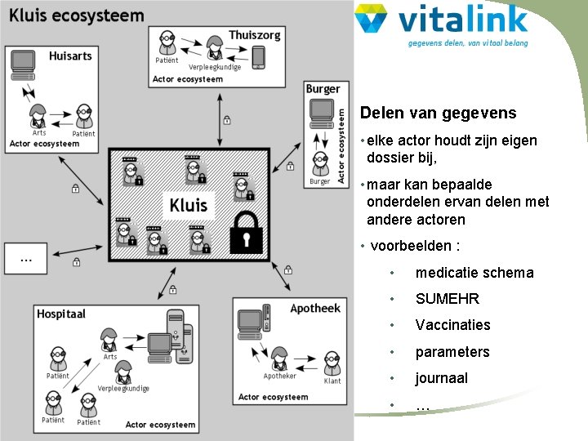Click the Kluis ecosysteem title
pyautogui.click(x=77, y=16)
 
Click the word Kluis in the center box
pyautogui.click(x=188, y=204)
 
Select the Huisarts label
pyautogui.click(x=70, y=56)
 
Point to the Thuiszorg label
pyautogui.click(x=255, y=35)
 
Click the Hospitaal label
pyautogui.click(x=61, y=314)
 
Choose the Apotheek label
pyautogui.click(x=315, y=309)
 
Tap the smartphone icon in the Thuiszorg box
pyautogui.click(x=258, y=58)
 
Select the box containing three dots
pyautogui.click(x=26, y=258)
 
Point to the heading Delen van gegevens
pyautogui.click(x=438, y=114)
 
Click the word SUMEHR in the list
pyautogui.click(x=447, y=299)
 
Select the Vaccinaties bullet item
pyautogui.click(x=452, y=325)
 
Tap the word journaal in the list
pyautogui.click(x=441, y=378)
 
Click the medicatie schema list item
pyautogui.click(x=474, y=273)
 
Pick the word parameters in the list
pyautogui.click(x=452, y=352)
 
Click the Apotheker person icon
pyautogui.click(x=279, y=359)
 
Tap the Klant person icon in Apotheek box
pyautogui.click(x=332, y=363)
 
